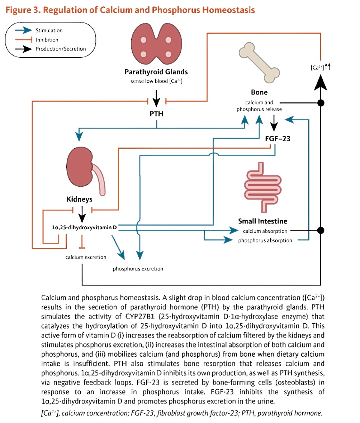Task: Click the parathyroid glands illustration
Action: click(x=156, y=43)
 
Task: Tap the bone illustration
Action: click(x=259, y=63)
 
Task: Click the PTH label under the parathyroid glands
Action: click(x=156, y=114)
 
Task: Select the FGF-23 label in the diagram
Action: click(x=278, y=139)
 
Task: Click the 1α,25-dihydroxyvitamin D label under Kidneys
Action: click(x=84, y=227)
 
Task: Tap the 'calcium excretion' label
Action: click(x=86, y=257)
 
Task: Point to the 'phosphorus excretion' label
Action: click(x=138, y=269)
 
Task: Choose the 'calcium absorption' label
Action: click(x=265, y=231)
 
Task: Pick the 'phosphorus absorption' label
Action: click(x=265, y=240)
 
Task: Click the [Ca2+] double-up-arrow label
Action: click(x=321, y=67)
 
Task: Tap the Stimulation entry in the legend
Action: click(x=49, y=30)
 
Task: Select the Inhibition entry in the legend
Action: click(x=47, y=40)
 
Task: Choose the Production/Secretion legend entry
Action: click(x=61, y=49)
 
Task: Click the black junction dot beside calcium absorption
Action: click(x=321, y=230)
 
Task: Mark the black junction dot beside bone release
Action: click(x=321, y=103)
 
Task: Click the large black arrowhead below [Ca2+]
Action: click(x=321, y=82)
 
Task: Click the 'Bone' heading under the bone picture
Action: click(x=259, y=92)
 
